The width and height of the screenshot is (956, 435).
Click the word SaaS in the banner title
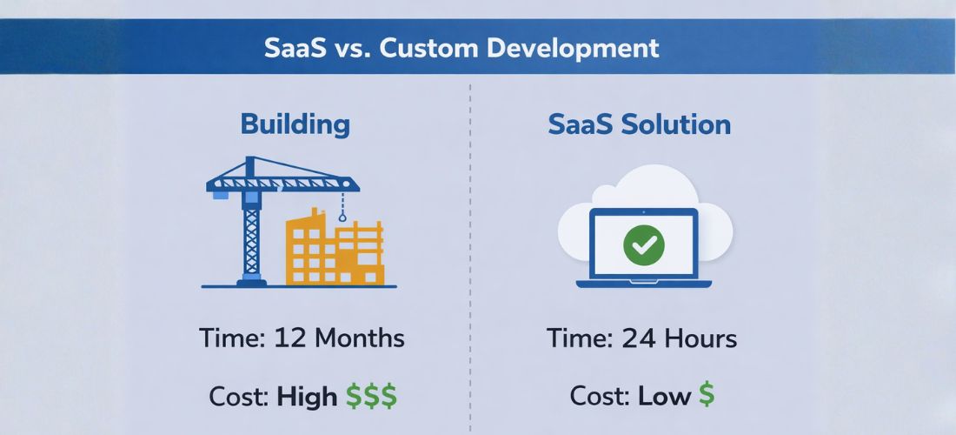[294, 48]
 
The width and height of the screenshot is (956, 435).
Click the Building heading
[295, 124]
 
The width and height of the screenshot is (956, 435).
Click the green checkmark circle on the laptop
[644, 245]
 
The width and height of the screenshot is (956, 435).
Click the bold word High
[307, 397]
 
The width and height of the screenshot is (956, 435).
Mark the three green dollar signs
[371, 397]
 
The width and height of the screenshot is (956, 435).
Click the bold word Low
[664, 397]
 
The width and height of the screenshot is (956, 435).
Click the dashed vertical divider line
[470, 261]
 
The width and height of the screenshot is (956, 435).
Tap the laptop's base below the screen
[644, 283]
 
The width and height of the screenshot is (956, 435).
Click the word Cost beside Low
[600, 397]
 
